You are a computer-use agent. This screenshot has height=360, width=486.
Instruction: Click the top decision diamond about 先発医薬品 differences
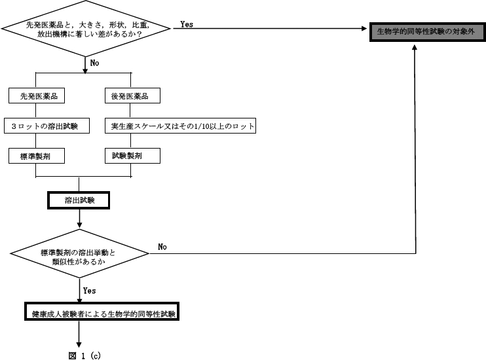click(x=86, y=29)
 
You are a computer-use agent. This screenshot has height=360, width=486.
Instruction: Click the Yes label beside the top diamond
click(x=187, y=24)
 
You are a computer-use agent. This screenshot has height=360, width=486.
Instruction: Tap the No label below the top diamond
click(x=94, y=63)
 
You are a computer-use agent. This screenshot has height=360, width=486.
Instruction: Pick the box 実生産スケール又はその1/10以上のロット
click(x=180, y=126)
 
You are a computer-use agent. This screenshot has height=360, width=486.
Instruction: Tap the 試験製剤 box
click(x=131, y=156)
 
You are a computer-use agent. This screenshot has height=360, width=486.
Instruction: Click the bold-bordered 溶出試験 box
click(x=79, y=200)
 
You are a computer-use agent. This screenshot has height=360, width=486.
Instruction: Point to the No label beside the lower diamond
click(x=162, y=247)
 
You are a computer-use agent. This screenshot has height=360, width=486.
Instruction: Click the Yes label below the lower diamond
click(x=90, y=290)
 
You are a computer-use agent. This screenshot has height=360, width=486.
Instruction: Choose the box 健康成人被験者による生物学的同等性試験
click(x=103, y=314)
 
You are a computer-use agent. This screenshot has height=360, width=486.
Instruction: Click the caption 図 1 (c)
click(x=83, y=355)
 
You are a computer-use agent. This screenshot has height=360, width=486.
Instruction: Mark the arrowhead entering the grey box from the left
click(x=366, y=28)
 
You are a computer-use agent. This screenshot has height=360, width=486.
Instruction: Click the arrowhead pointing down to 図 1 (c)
click(x=79, y=344)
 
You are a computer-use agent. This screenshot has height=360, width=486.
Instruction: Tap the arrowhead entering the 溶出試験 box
click(x=79, y=189)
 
